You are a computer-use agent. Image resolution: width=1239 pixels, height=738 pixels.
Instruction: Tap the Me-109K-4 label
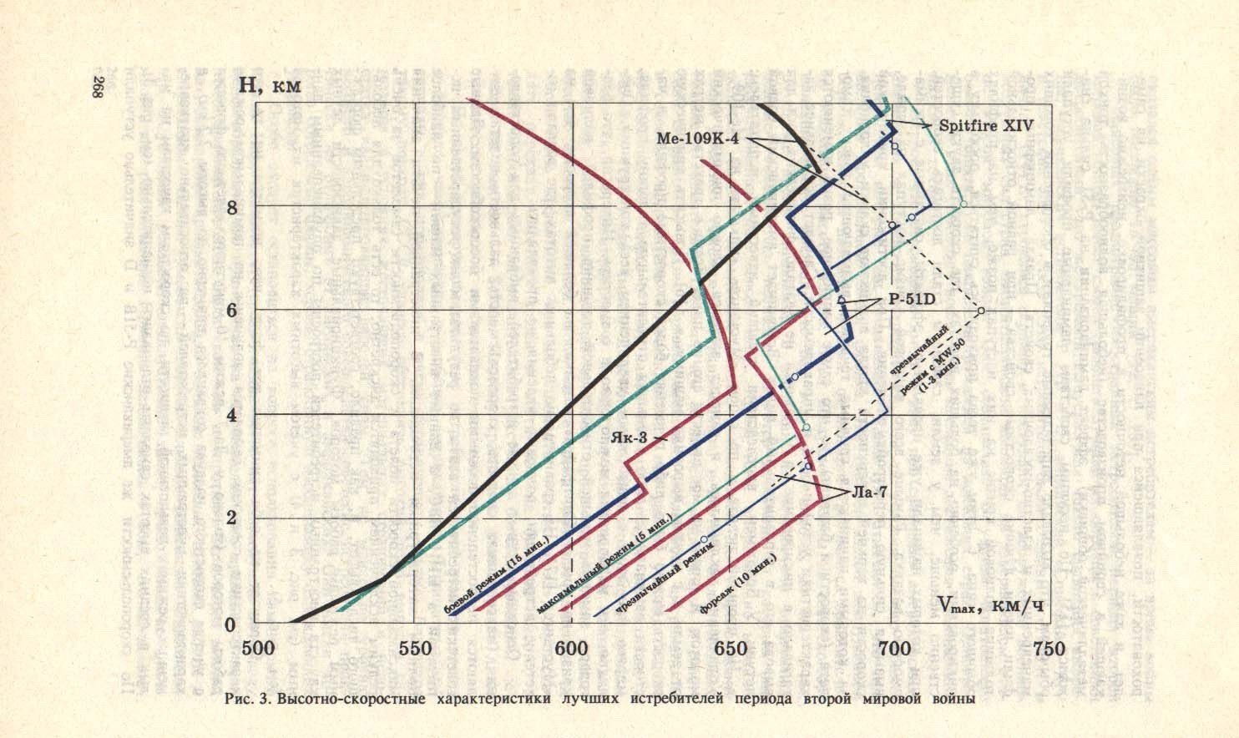(706, 139)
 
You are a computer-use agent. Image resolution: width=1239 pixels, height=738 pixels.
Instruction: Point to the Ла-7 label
(870, 492)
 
